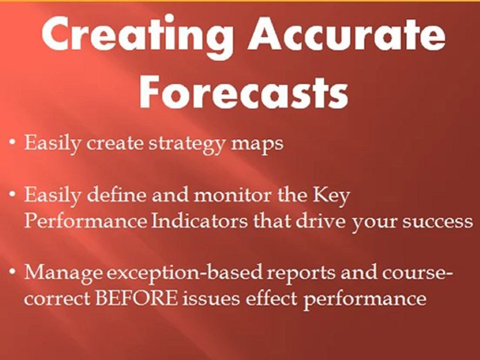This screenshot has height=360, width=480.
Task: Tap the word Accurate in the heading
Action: (x=347, y=33)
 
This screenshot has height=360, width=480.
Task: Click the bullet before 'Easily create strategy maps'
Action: (x=12, y=143)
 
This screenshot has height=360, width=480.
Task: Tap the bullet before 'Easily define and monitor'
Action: (x=12, y=194)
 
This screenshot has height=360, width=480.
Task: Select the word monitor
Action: (x=232, y=195)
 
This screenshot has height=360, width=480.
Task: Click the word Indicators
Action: (x=199, y=220)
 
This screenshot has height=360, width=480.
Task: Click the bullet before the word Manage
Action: (x=12, y=271)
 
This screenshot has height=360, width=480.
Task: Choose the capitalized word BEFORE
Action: (x=136, y=298)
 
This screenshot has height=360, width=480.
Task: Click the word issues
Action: (x=211, y=298)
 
